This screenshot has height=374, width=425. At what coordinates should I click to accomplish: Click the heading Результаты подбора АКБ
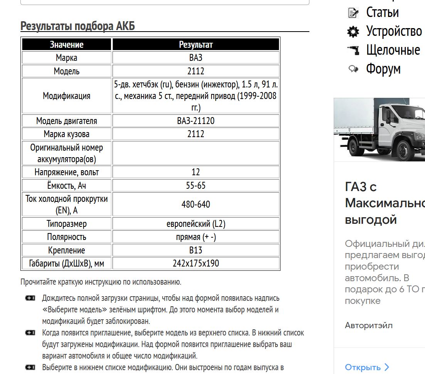tap(77, 26)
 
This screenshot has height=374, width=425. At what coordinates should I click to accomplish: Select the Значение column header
tap(67, 45)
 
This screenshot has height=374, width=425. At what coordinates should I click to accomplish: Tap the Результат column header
tap(196, 45)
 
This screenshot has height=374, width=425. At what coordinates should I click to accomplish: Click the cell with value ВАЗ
tap(196, 58)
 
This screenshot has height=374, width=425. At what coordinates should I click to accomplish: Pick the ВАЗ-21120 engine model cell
tap(196, 121)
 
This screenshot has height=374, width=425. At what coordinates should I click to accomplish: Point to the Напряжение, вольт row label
tap(67, 172)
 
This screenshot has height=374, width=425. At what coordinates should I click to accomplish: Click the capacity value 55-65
tap(196, 186)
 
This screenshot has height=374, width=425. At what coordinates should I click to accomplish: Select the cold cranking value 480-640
tap(196, 204)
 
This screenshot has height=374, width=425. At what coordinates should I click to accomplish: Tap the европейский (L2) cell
tap(196, 224)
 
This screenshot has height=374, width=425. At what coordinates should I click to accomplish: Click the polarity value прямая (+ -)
tap(196, 237)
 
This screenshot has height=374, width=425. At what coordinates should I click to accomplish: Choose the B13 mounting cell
tap(196, 250)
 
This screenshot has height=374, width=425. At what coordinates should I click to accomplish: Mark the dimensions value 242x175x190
tap(196, 263)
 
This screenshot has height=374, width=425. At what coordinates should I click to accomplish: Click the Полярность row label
tap(67, 237)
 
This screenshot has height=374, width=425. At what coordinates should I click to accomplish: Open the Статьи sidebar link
tap(382, 12)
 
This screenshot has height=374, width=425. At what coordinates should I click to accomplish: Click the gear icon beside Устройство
tap(353, 32)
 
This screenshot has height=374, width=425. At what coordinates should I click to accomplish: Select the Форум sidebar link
tap(383, 69)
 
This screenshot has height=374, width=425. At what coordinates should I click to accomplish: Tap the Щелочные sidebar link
tap(393, 50)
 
